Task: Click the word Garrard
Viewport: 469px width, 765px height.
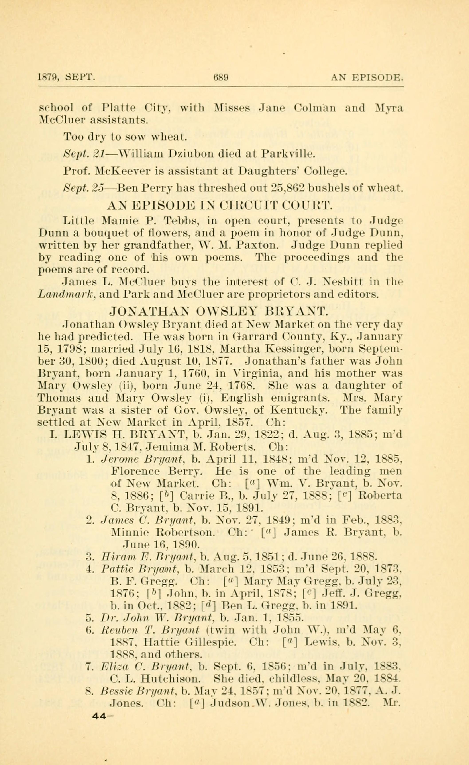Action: pyautogui.click(x=257, y=336)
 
